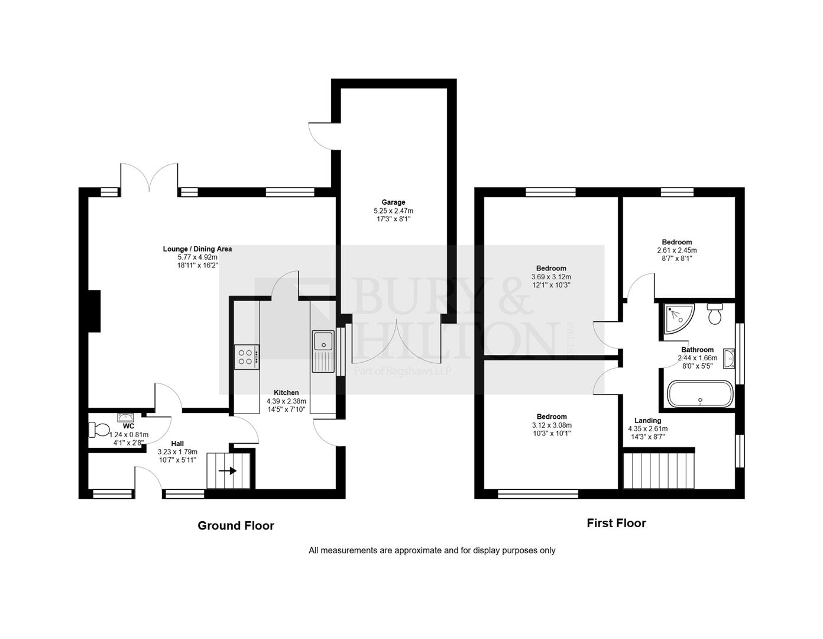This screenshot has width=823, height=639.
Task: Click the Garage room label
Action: [393, 202]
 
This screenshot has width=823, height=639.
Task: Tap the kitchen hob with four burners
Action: [247, 357]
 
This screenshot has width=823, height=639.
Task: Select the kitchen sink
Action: [323, 343]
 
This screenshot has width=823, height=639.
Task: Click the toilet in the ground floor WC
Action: [98, 428]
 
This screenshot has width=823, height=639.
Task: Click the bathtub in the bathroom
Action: [700, 394]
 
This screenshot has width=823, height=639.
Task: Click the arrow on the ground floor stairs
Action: [228, 471]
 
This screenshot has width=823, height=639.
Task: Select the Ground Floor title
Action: [235, 525]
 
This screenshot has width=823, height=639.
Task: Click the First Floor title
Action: [616, 523]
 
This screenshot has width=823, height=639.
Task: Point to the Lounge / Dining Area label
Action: [197, 249]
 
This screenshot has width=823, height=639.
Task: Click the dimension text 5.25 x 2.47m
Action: [393, 211]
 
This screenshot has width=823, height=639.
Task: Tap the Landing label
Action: [647, 421]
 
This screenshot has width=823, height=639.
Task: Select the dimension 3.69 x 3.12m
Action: [551, 277]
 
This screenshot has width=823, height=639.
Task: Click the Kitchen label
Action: [286, 393]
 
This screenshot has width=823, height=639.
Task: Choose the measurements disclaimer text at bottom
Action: [432, 550]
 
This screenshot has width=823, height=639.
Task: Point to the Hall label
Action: [177, 443]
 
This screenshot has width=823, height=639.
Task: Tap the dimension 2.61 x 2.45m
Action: [677, 250]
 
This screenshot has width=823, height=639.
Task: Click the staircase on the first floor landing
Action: [658, 470]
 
